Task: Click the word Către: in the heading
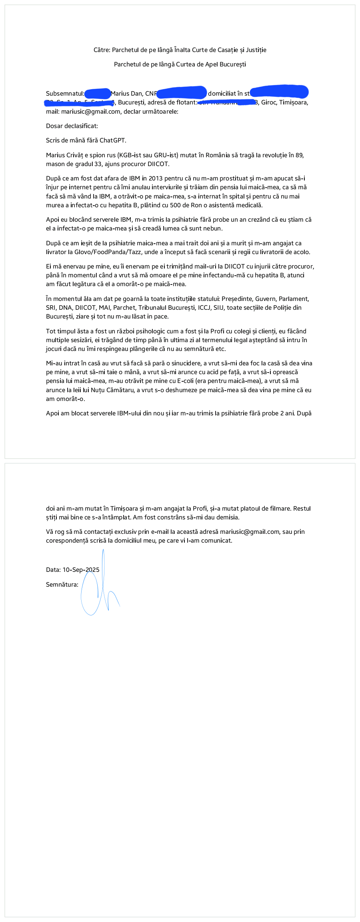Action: click(x=102, y=50)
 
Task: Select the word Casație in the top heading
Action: click(x=228, y=50)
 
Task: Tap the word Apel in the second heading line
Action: click(x=212, y=64)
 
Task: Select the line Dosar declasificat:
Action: click(x=72, y=126)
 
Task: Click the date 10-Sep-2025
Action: click(x=81, y=570)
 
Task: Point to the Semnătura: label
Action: click(x=62, y=585)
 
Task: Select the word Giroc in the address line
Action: click(x=269, y=102)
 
